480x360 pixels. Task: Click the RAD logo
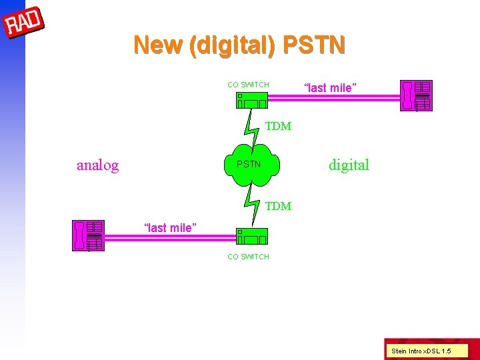[24, 23]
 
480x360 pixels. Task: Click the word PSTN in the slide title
[314, 45]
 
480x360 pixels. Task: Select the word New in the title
[159, 45]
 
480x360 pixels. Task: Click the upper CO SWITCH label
[248, 85]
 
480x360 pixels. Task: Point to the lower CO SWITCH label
[248, 257]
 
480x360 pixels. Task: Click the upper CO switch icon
[251, 100]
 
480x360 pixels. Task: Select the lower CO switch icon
[251, 237]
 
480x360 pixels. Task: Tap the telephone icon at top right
[415, 95]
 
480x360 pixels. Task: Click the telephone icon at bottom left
[87, 235]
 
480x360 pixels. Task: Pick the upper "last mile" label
[330, 88]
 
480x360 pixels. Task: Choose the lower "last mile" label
[171, 228]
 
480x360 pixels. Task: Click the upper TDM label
[278, 127]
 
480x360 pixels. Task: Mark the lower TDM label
[278, 207]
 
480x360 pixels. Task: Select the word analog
[97, 165]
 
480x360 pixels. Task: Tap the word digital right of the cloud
[349, 165]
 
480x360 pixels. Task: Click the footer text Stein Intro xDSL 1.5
[421, 351]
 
